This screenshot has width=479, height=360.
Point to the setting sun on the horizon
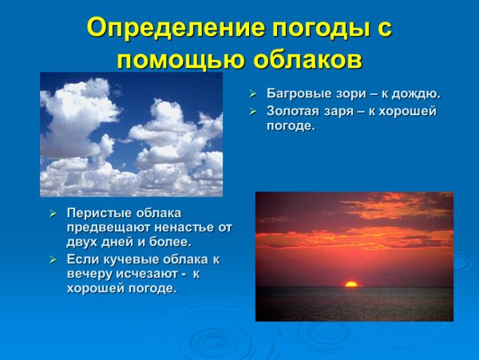point(351,283)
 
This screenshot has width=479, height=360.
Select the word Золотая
point(295,111)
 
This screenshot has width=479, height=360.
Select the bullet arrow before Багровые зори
point(251,94)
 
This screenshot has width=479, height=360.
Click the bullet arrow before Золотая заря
point(251,111)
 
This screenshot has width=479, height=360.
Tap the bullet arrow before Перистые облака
point(53,213)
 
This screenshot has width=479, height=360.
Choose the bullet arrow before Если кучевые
point(53,259)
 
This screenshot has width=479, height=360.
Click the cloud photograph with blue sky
point(131,134)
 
